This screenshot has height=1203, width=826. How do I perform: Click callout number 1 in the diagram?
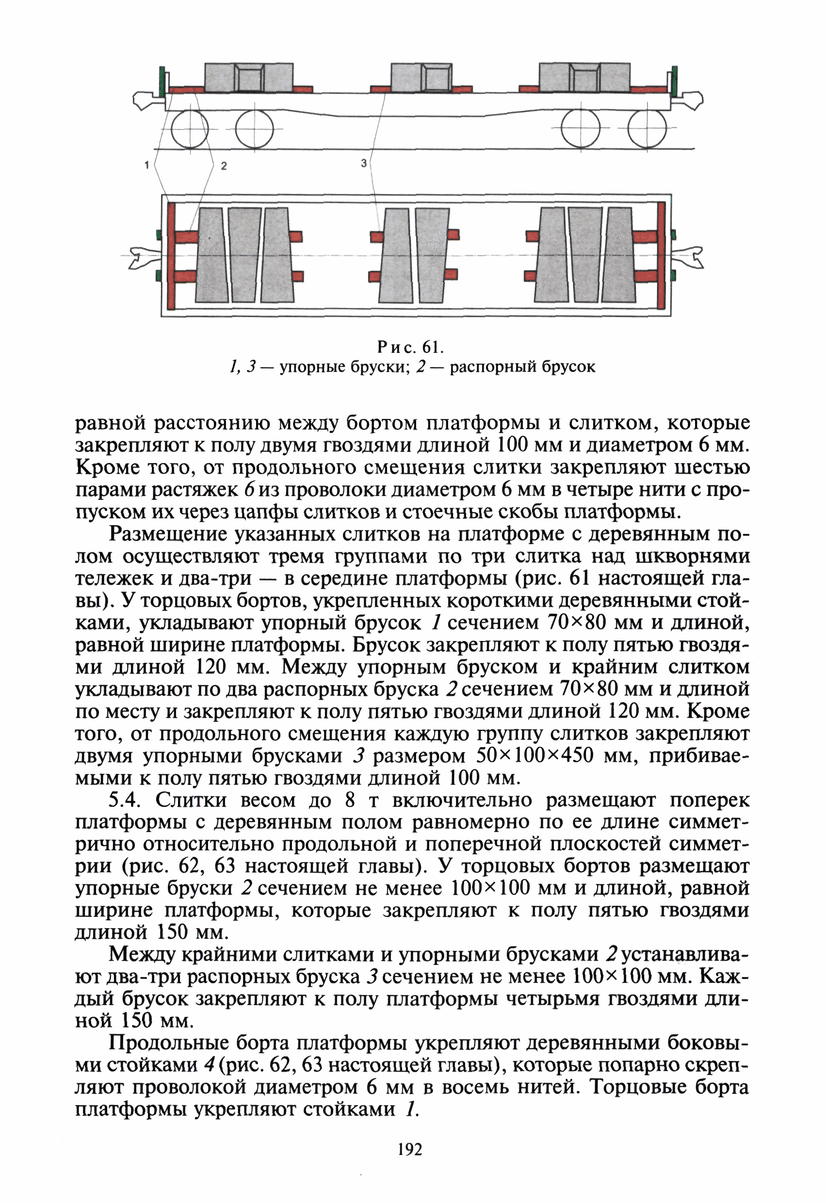[147, 165]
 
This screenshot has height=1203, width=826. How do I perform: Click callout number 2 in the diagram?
[224, 166]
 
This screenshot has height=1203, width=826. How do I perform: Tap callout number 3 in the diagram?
[364, 163]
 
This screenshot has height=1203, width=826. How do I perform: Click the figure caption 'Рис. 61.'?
[411, 346]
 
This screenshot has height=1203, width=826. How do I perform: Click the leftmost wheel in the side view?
[189, 129]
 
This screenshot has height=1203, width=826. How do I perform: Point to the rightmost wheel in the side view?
[647, 129]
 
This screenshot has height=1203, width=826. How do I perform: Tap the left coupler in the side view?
[145, 100]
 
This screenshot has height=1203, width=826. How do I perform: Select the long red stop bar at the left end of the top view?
[171, 255]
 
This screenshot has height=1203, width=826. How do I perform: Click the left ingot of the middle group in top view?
[396, 255]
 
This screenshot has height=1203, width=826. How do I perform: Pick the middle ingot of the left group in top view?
[244, 255]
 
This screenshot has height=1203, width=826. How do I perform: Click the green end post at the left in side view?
[162, 81]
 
